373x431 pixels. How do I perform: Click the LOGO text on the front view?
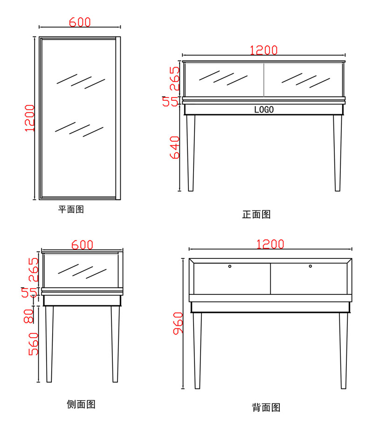tap(264, 110)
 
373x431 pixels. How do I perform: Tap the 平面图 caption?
tap(71, 209)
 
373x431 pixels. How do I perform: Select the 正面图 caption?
tap(256, 215)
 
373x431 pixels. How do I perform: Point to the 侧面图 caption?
tap(81, 404)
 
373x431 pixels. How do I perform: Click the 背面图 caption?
tap(266, 408)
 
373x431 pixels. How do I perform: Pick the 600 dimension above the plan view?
tap(80, 22)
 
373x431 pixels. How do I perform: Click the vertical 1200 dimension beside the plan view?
tap(30, 118)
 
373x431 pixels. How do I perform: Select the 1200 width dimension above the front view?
tap(264, 50)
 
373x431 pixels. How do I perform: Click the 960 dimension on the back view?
tap(178, 323)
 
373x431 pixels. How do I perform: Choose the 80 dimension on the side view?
tap(29, 316)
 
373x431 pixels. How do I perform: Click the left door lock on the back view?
tap(230, 266)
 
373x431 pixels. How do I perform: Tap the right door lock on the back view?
tap(310, 266)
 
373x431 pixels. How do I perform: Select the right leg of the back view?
tap(343, 350)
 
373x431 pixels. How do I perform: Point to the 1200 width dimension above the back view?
tap(270, 244)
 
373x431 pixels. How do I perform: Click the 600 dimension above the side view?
tap(82, 245)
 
